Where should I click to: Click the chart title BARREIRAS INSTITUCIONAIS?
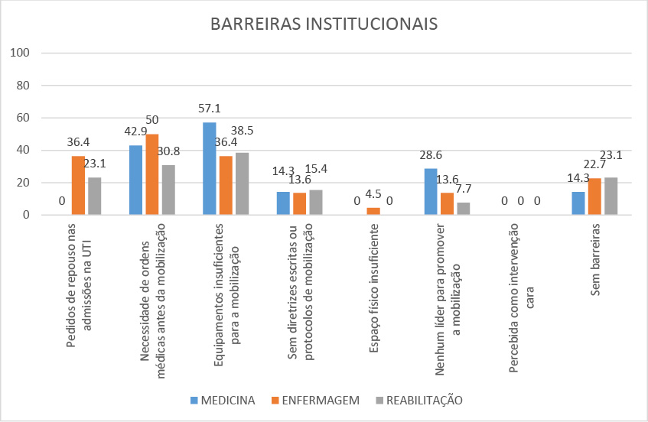pos(324,24)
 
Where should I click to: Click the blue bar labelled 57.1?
pos(210,168)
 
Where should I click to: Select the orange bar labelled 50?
pos(152,174)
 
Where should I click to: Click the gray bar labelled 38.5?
pos(242,183)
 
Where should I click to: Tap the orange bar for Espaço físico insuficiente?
pos(373,211)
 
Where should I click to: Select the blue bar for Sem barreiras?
pos(578,203)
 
